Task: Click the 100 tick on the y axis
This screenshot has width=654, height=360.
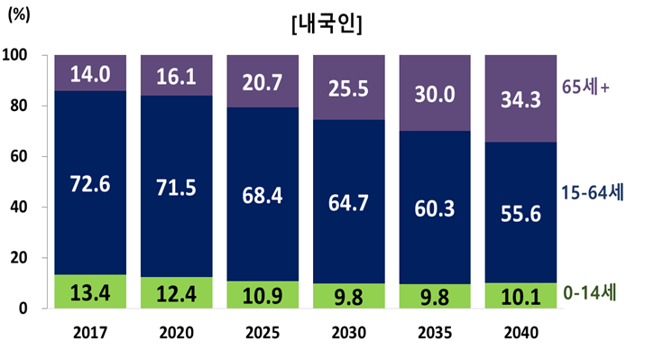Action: coord(18,55)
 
